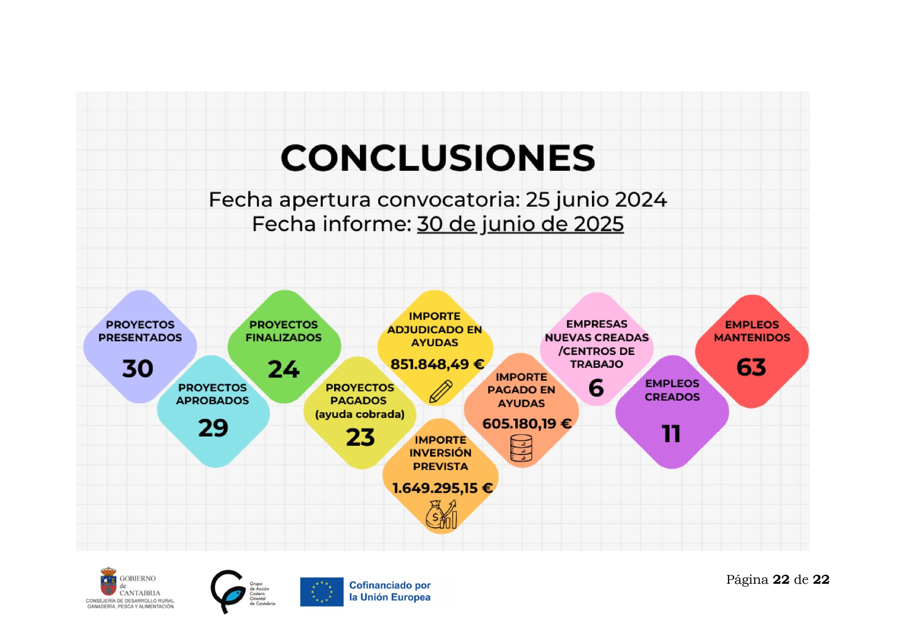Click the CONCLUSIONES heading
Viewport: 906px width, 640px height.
438,158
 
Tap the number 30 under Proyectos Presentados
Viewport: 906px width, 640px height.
138,369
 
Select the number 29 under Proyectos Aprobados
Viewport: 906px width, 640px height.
213,428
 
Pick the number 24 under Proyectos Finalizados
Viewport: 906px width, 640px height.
284,370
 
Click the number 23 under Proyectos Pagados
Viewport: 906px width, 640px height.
360,437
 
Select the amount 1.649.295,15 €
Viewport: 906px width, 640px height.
442,488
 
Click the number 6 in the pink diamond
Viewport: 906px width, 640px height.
596,388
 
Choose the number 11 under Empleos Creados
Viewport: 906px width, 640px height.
671,434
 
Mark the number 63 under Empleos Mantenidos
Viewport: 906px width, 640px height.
751,367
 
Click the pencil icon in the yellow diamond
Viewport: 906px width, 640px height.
440,391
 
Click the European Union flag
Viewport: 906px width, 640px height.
322,592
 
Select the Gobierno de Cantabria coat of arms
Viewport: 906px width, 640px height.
109,581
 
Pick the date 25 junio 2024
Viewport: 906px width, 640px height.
596,200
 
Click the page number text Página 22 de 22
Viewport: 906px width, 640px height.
778,580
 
